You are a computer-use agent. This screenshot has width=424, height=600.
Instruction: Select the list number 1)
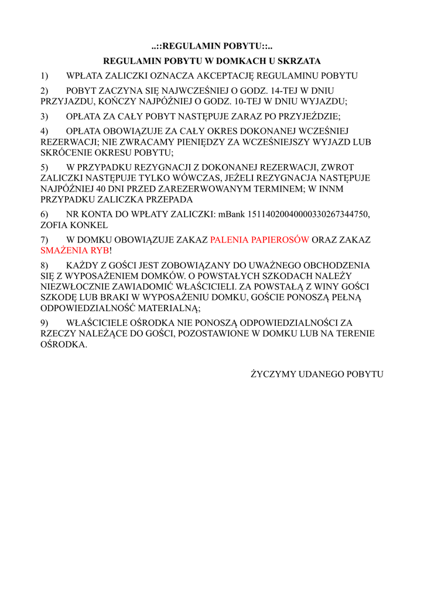click(45, 76)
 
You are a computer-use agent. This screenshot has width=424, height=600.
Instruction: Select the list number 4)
click(45, 132)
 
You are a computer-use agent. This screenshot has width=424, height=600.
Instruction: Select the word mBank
click(232, 214)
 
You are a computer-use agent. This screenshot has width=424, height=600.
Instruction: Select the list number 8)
click(45, 265)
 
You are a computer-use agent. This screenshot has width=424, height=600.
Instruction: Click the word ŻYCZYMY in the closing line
click(272, 373)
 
